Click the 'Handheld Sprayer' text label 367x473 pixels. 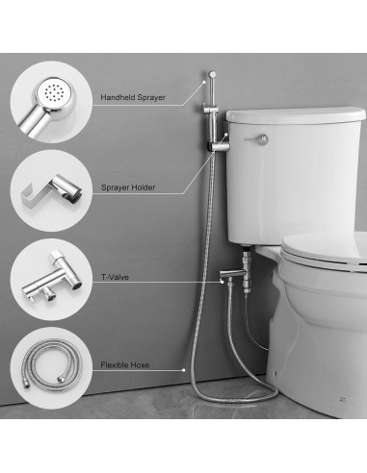point(134,97)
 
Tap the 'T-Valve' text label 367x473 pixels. point(117,276)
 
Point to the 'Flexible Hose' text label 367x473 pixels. point(127,366)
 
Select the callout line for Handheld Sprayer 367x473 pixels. point(183,97)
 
